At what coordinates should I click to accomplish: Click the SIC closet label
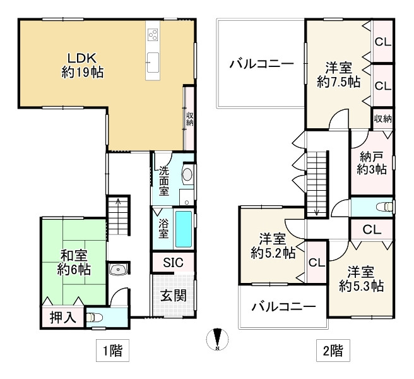(172, 262)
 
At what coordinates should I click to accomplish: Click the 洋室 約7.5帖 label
(338, 73)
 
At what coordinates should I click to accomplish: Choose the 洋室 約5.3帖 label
(360, 279)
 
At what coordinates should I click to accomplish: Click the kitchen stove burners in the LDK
(153, 35)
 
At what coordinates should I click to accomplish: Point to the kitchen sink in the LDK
(153, 61)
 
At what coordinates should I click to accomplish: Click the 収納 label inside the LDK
(189, 117)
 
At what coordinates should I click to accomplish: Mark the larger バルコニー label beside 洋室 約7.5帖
(261, 64)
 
